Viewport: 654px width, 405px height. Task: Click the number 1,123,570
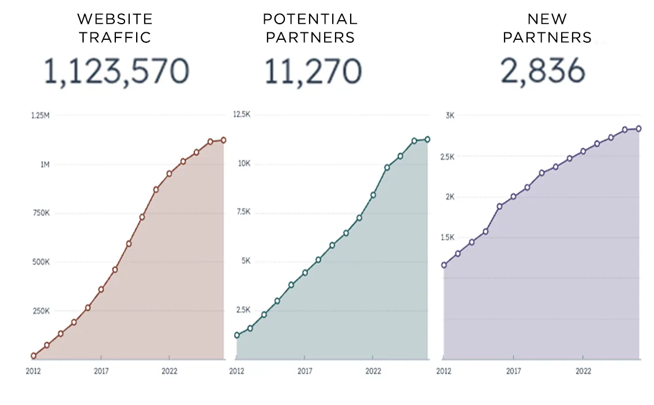coord(116,72)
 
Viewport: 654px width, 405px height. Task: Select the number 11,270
coord(313,72)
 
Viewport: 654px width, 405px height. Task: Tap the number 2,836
coord(543,72)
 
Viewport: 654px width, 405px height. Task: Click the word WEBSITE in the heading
coord(115,19)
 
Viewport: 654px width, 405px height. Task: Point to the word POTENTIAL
coord(310,19)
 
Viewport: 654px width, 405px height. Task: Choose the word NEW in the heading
coord(547,19)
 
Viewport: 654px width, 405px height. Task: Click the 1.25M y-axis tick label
coord(40,116)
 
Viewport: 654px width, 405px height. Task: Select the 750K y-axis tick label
coord(40,213)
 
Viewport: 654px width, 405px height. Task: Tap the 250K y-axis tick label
coord(40,311)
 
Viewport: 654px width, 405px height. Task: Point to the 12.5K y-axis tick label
coord(241,115)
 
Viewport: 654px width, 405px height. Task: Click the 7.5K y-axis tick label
coord(242,212)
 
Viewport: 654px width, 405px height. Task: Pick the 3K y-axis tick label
coord(450,115)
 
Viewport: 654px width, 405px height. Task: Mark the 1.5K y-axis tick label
coord(447,237)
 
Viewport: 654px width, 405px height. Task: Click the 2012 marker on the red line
coord(33,356)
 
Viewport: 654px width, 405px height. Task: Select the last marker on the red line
coord(223,140)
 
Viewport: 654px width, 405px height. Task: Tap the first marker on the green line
coord(236,335)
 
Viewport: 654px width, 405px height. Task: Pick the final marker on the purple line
coord(639,129)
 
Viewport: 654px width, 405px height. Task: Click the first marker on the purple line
coord(444,265)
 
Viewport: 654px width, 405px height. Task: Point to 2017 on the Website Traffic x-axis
coord(102,371)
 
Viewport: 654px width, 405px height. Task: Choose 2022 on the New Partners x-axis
coord(583,371)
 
